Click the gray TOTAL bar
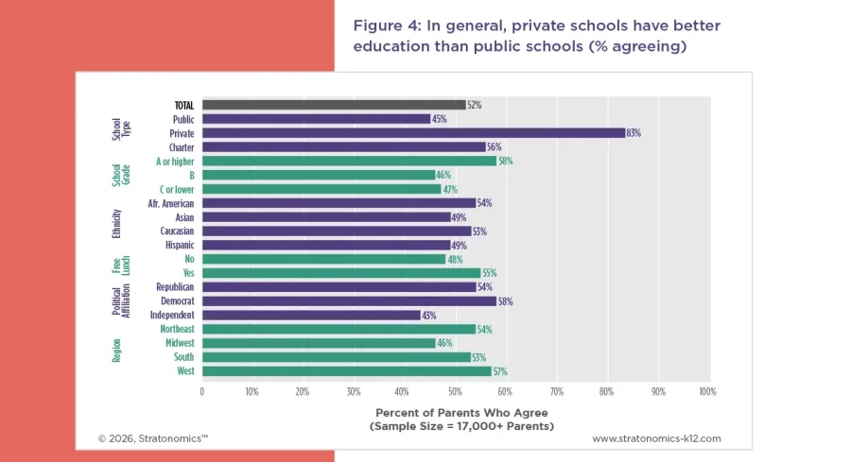tap(333, 105)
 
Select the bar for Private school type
tap(413, 133)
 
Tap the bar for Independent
tap(310, 315)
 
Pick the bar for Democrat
tap(348, 300)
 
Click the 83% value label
tap(634, 133)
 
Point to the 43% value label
tap(428, 315)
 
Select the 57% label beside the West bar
tap(500, 371)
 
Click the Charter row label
tap(182, 147)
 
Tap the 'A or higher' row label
tap(175, 162)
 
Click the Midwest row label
tap(179, 343)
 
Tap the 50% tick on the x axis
tap(455, 390)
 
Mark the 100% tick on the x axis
tap(706, 390)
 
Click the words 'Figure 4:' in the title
tap(387, 26)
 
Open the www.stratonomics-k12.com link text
tap(656, 438)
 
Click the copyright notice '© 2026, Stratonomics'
tap(152, 438)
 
